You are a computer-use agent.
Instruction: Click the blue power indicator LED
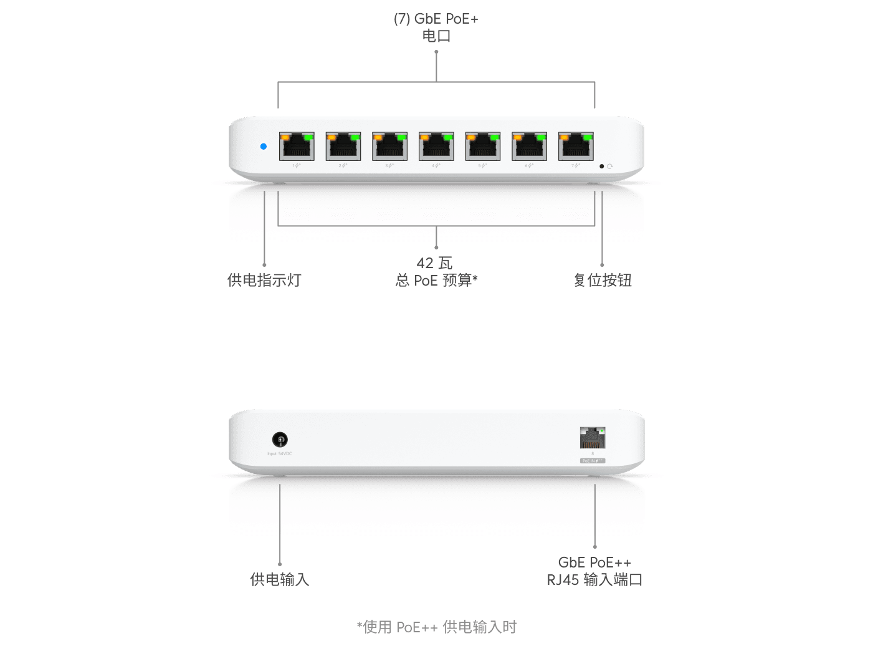click(264, 147)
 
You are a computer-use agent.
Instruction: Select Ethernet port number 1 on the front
click(297, 147)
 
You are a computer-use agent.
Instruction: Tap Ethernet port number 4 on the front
click(436, 147)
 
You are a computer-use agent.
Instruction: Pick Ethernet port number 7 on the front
click(576, 147)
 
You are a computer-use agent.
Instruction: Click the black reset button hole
click(601, 166)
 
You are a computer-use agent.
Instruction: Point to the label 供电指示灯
click(264, 280)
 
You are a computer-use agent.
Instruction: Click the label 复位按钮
click(603, 280)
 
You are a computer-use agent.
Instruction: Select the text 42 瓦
click(435, 263)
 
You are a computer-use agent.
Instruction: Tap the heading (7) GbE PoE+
click(436, 19)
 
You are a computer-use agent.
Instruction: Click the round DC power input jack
click(280, 440)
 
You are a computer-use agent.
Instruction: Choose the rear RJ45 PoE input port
click(593, 438)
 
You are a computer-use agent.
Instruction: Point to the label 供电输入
click(280, 579)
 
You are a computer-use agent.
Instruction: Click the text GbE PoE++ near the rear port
click(594, 562)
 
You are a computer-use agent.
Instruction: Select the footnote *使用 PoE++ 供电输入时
click(437, 627)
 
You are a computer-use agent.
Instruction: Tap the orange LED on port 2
click(332, 137)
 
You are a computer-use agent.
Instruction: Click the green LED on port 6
click(540, 137)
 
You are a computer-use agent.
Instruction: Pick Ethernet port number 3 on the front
click(389, 147)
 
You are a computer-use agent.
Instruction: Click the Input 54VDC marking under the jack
click(280, 454)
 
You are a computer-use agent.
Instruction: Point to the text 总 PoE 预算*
click(436, 280)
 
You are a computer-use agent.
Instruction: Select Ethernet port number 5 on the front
click(483, 147)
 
